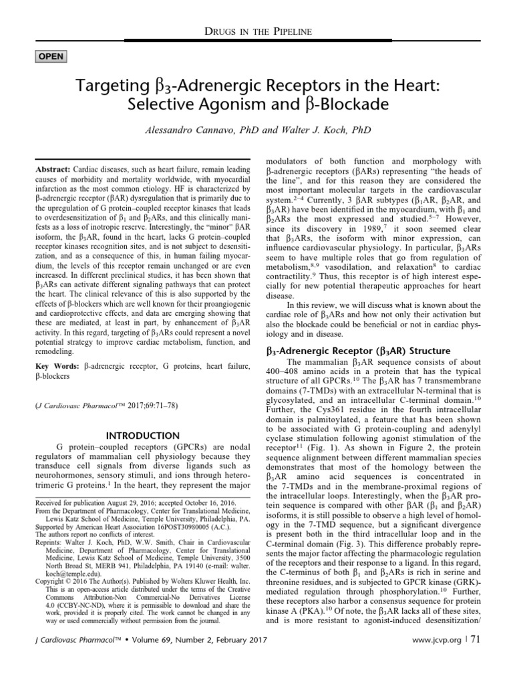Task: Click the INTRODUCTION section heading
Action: pos(142,436)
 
